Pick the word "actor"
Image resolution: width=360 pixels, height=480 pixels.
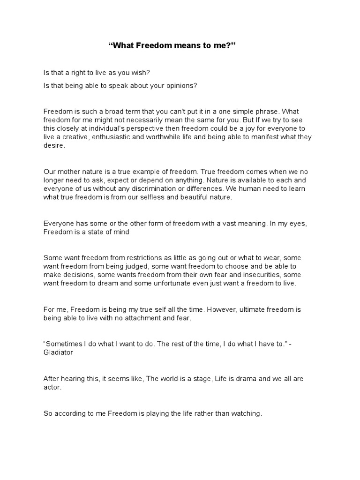click(x=52, y=387)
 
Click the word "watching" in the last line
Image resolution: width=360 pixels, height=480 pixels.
click(x=246, y=413)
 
